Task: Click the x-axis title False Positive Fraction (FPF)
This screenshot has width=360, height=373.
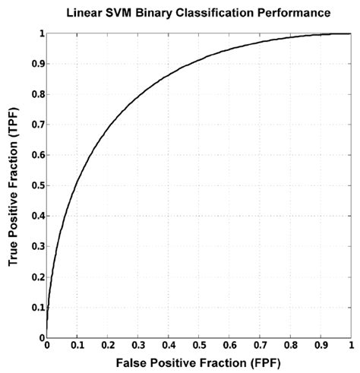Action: click(x=198, y=362)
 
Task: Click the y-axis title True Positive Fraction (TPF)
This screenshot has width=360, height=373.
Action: click(x=13, y=186)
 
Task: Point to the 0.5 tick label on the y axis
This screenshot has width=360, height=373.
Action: click(x=35, y=186)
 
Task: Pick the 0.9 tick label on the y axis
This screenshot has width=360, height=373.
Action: click(x=35, y=65)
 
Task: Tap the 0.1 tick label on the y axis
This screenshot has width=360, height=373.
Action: click(x=35, y=308)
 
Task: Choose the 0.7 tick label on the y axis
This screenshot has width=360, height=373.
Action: click(x=35, y=125)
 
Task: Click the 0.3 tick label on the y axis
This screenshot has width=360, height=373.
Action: click(x=35, y=247)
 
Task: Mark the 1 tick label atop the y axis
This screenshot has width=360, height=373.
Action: click(x=39, y=34)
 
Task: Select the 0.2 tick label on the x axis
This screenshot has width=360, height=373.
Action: click(x=107, y=346)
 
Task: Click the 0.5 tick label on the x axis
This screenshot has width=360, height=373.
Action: click(x=198, y=346)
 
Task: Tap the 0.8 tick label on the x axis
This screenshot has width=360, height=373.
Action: click(x=289, y=346)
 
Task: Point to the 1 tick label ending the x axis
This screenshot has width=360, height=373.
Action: click(x=350, y=346)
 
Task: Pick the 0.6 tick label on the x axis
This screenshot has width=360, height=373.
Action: click(x=229, y=346)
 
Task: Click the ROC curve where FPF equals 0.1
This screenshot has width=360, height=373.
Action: click(x=77, y=183)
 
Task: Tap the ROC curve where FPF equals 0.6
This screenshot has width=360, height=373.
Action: click(x=229, y=49)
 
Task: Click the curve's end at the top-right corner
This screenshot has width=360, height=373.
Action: click(x=349, y=34)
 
